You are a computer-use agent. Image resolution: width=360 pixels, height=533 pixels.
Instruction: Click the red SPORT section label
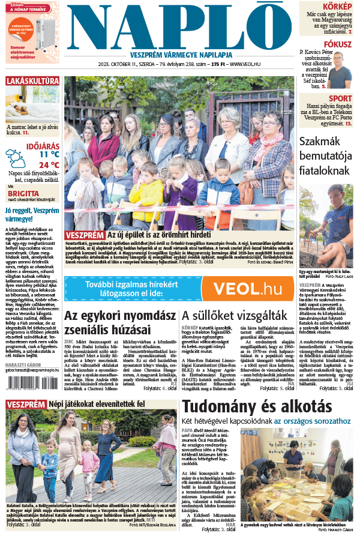click(x=340, y=98)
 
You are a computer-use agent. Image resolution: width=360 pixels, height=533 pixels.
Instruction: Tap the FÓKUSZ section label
click(x=338, y=44)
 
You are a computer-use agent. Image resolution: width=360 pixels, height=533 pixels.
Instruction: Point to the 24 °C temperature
click(x=49, y=164)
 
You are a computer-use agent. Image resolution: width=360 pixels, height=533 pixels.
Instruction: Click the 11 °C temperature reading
click(x=49, y=154)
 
